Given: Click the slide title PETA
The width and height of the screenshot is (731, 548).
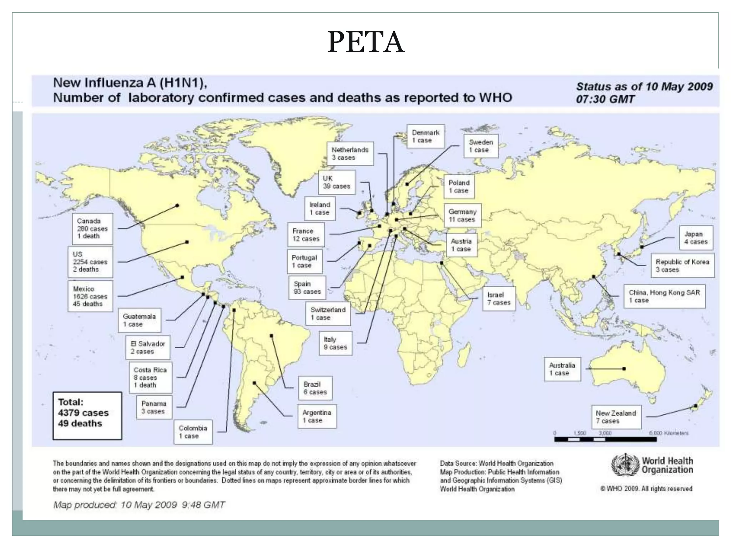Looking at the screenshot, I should click(x=365, y=42).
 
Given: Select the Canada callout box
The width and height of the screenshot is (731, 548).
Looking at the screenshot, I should click(x=92, y=229).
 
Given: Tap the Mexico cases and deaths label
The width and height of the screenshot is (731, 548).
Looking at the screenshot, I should click(x=90, y=296).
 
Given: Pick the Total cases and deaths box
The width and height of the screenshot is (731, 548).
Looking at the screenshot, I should click(x=87, y=416).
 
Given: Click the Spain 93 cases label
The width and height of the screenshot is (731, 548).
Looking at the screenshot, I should click(x=307, y=288).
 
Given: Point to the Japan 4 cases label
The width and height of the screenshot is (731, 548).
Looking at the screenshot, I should click(x=696, y=238).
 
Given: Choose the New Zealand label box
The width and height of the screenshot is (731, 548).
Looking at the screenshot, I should click(x=616, y=417).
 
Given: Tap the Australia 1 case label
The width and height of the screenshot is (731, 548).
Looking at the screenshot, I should click(x=562, y=369).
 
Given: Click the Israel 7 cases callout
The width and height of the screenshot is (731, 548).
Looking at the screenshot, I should click(x=499, y=299).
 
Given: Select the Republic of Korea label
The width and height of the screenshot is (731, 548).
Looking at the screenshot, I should click(x=682, y=265).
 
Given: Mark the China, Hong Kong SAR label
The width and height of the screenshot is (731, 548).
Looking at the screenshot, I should click(x=664, y=296).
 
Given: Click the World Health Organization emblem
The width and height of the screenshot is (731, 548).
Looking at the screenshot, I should click(x=625, y=465).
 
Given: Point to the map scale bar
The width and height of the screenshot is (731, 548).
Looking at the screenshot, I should click(x=605, y=439).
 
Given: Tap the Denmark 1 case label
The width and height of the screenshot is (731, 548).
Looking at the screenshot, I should click(x=425, y=136).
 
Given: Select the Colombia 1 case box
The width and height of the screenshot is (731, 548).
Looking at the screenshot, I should click(x=193, y=432).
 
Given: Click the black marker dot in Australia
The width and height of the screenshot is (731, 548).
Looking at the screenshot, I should click(x=624, y=369).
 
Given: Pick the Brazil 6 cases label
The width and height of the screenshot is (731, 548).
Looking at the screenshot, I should click(x=315, y=388).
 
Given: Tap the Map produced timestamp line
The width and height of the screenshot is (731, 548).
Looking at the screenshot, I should click(x=139, y=505).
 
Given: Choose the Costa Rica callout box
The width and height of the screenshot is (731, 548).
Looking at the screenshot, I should click(x=150, y=377).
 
